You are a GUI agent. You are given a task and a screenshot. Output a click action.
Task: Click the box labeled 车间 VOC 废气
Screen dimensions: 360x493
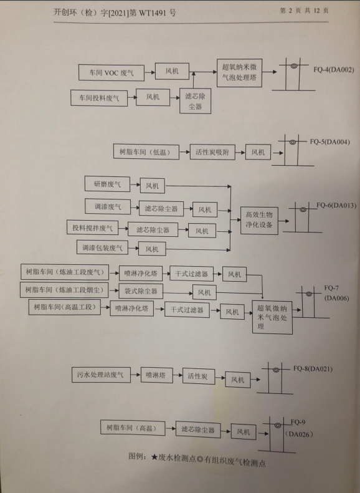pyautogui.click(x=111, y=73)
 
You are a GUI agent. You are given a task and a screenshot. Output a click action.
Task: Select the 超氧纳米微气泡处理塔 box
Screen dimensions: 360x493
pyautogui.click(x=239, y=73)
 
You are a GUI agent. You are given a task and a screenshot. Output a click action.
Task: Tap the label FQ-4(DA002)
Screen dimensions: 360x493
pyautogui.click(x=333, y=70)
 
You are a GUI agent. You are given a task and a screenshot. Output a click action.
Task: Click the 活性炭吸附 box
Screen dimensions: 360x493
pyautogui.click(x=212, y=152)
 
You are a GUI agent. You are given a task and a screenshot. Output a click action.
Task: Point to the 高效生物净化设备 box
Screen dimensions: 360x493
pyautogui.click(x=259, y=220)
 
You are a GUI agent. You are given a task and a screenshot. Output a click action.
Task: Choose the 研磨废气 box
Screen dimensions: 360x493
pyautogui.click(x=107, y=184)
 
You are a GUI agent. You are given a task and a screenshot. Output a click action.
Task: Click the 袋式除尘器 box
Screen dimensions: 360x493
pyautogui.click(x=141, y=291)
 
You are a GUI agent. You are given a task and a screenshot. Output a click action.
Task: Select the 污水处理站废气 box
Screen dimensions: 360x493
pyautogui.click(x=101, y=375)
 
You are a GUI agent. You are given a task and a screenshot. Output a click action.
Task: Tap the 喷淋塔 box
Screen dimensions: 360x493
pyautogui.click(x=156, y=375)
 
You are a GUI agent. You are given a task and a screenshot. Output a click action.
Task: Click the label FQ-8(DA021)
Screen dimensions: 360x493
pyautogui.click(x=313, y=368)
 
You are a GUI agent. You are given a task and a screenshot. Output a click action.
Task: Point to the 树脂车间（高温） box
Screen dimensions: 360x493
pyautogui.click(x=133, y=428)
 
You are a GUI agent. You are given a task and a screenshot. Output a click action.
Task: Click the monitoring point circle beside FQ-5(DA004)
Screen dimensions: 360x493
pyautogui.click(x=293, y=142)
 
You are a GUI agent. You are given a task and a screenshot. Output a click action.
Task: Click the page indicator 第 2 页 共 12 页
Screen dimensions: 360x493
pyautogui.click(x=304, y=11)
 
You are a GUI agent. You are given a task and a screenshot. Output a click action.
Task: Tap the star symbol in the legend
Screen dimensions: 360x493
pyautogui.click(x=154, y=457)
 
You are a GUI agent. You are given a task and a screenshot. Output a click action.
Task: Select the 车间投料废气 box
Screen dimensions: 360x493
pyautogui.click(x=99, y=98)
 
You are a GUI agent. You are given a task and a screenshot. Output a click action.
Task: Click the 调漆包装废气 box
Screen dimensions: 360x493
pyautogui.click(x=102, y=247)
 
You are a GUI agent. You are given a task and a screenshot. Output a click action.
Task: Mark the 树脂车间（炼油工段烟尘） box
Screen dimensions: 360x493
pyautogui.click(x=64, y=290)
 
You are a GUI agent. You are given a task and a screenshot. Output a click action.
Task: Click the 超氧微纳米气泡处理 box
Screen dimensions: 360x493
pyautogui.click(x=272, y=317)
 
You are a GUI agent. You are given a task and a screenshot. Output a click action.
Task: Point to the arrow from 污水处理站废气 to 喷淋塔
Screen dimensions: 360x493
pyautogui.click(x=135, y=375)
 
